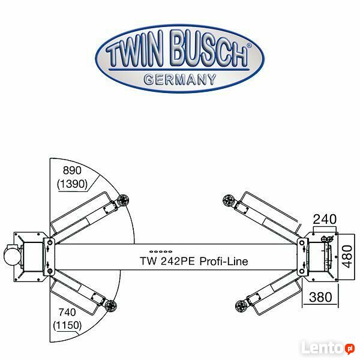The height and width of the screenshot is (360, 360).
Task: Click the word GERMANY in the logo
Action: [x=180, y=80]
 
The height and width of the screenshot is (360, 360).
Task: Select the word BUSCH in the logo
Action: [x=209, y=49]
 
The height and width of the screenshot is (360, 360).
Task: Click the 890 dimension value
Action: [x=72, y=170]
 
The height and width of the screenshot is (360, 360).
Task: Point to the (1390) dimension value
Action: [x=73, y=184]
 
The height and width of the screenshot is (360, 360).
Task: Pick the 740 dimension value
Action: [x=67, y=312]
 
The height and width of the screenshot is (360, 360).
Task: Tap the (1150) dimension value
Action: [x=67, y=325]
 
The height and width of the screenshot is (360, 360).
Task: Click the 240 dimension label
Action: [x=325, y=219]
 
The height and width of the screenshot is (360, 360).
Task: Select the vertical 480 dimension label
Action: [x=347, y=256]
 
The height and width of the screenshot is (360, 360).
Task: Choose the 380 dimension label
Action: [x=320, y=297]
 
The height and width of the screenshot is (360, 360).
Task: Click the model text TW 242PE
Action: [x=167, y=261]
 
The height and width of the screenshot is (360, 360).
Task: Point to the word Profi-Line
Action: [x=224, y=261]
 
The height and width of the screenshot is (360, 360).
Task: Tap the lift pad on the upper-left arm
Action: [x=123, y=200]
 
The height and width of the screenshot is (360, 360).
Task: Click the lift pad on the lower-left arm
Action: [x=110, y=306]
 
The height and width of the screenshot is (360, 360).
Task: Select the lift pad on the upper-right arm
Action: [x=229, y=200]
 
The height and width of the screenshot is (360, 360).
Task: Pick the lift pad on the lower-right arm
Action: [x=241, y=306]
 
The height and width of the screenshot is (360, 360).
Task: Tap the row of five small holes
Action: [x=161, y=251]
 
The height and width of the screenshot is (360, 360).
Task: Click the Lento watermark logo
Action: [x=328, y=347]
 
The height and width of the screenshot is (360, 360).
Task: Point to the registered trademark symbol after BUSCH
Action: [x=249, y=46]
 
